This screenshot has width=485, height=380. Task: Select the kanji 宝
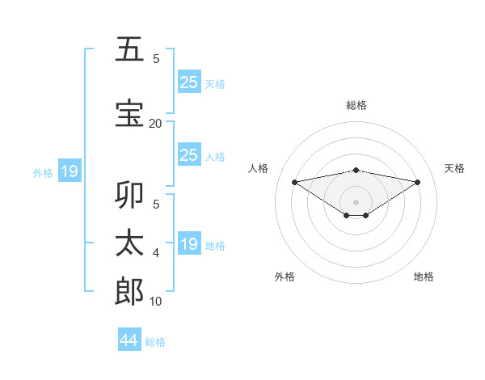(130, 113)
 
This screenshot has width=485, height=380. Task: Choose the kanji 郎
(130, 292)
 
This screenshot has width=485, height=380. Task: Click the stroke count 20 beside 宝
(155, 123)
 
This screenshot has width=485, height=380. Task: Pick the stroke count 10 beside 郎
(155, 302)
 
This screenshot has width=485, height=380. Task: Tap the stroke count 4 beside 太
(155, 253)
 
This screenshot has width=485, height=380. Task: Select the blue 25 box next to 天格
(188, 82)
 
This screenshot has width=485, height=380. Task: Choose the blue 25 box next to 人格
(188, 155)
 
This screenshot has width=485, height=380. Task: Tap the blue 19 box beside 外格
(69, 171)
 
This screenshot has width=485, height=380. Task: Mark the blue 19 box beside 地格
(188, 244)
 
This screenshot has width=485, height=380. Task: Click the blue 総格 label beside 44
(155, 342)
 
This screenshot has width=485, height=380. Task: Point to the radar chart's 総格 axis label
(356, 105)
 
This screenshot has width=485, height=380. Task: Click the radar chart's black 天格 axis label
(454, 168)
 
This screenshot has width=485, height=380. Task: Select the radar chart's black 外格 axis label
(285, 277)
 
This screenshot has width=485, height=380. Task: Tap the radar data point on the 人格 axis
(295, 181)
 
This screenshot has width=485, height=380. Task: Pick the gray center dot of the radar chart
(356, 201)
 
